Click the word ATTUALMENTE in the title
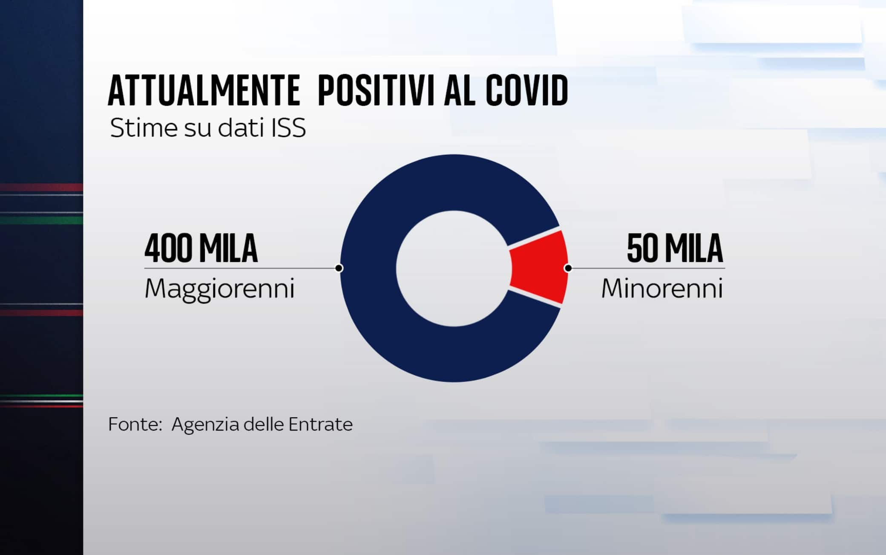204,91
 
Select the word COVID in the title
527,91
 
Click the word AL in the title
459,91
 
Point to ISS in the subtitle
289,128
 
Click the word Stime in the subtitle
144,128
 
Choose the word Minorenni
662,289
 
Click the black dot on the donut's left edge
339,268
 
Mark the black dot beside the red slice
568,268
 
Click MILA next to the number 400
228,249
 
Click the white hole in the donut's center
454,269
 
